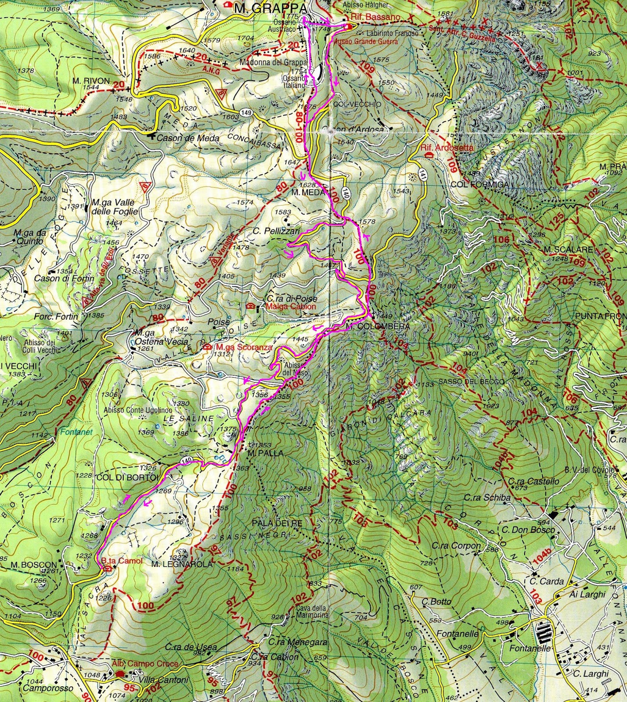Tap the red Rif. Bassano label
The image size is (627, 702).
[x=375, y=17]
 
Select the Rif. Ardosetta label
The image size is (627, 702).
[x=447, y=147]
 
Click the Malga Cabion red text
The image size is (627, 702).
[x=290, y=306]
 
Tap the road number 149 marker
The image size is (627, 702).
[x=246, y=113]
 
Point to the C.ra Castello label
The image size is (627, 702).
[x=534, y=481]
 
